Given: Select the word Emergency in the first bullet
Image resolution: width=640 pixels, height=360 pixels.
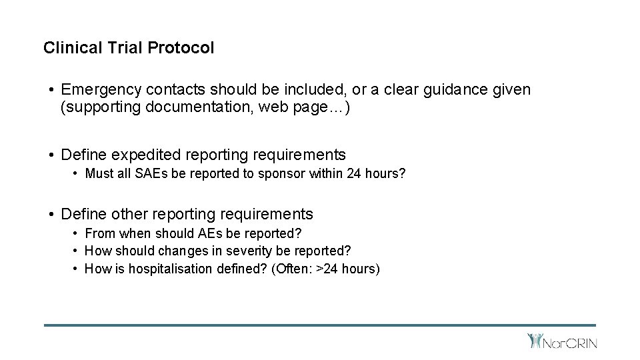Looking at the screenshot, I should click(x=99, y=89).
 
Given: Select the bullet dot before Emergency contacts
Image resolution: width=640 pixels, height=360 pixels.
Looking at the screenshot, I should click(x=51, y=90).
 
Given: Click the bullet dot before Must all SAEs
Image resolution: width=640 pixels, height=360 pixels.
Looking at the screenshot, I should click(x=77, y=175).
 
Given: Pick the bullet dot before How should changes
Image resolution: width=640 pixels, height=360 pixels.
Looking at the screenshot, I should click(x=77, y=251).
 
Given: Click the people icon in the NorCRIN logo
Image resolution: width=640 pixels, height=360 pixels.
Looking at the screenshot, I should click(x=535, y=341).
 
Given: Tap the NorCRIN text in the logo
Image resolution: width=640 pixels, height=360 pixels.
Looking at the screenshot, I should click(x=571, y=343).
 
